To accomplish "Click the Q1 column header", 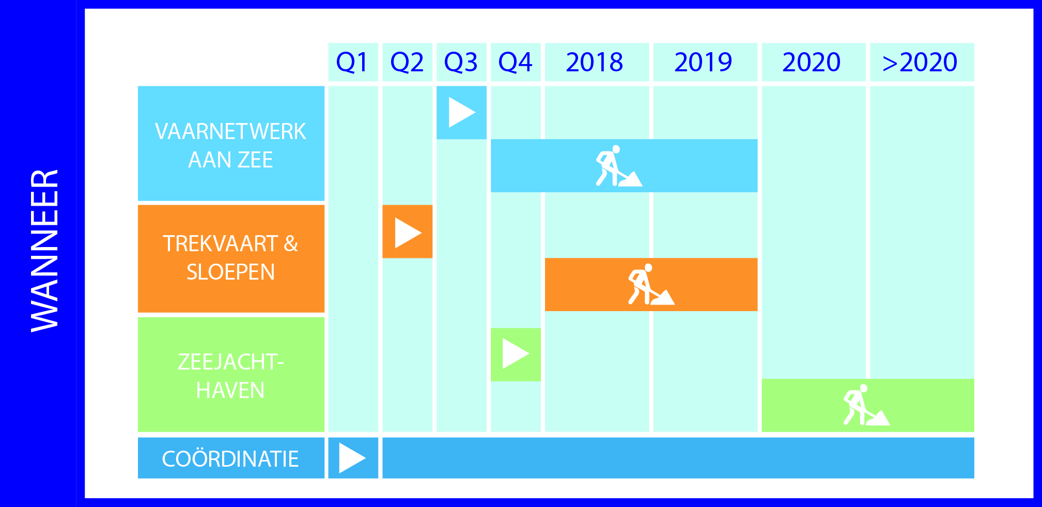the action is click(353, 62).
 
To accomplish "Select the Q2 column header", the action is click(407, 62).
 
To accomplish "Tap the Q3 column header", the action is click(461, 62).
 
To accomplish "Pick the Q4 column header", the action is click(516, 62).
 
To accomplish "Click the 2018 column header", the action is click(597, 62).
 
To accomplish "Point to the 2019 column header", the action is click(705, 62).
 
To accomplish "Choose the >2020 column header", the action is click(922, 62).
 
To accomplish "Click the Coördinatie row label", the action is click(231, 458).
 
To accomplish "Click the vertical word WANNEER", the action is click(44, 251).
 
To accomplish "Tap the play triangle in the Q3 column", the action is click(462, 113).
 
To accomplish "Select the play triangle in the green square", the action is click(516, 354).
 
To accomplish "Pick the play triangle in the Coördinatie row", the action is click(352, 458).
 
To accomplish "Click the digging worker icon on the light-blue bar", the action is click(618, 166).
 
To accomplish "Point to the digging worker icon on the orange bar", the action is click(651, 284).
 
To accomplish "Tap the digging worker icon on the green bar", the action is click(866, 405).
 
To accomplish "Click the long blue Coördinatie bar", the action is click(678, 458).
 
